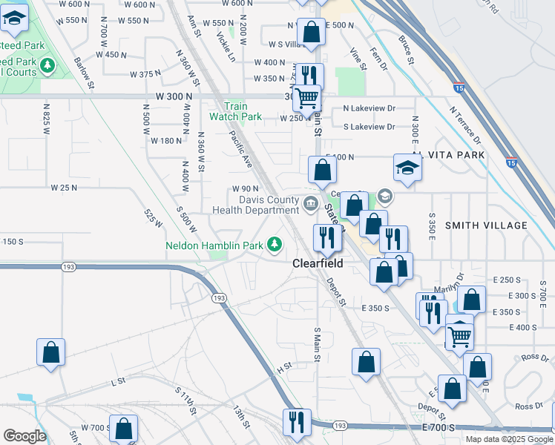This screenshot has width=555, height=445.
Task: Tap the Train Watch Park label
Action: (235, 111)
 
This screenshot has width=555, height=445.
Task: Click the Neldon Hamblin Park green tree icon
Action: (275, 243)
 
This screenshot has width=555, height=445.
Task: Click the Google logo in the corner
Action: (24, 436)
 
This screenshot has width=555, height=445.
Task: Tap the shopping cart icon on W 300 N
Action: (306, 98)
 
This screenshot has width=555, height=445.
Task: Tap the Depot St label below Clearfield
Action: (336, 291)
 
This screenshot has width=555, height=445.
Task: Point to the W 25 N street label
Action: (64, 188)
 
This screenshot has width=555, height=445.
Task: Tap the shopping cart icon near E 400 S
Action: (459, 336)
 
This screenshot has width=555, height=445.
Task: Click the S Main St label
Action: (317, 345)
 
